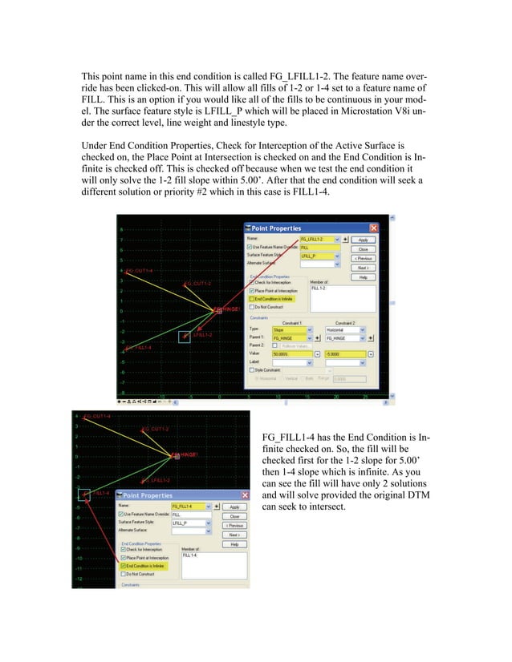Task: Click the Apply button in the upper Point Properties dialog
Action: click(x=364, y=239)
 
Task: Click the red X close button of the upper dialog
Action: click(x=373, y=228)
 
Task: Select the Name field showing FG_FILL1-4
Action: click(x=188, y=507)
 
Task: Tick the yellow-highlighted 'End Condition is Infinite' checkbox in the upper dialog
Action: click(x=250, y=298)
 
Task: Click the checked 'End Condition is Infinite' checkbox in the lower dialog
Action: click(x=121, y=566)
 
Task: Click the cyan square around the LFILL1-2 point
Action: click(x=185, y=337)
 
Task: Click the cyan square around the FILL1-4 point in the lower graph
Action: click(x=83, y=494)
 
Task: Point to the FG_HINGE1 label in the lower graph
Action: click(x=187, y=454)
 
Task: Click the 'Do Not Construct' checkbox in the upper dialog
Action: click(x=250, y=306)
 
